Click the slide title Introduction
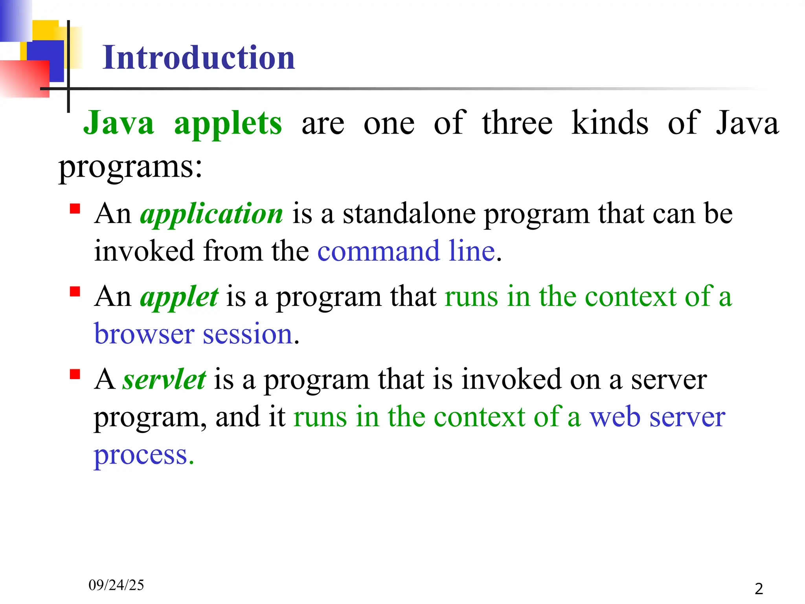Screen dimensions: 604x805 point(198,58)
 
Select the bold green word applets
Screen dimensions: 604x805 point(228,123)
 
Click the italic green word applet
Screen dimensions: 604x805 point(179,297)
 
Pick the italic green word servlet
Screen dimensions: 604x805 point(164,380)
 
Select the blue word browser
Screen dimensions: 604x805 point(144,334)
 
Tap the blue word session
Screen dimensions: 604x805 point(248,334)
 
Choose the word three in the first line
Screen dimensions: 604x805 point(517,123)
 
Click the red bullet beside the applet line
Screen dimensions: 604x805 point(75,291)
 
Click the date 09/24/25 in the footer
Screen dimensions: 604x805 point(116,585)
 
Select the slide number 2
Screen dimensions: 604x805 point(759,589)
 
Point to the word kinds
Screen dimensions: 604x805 point(610,123)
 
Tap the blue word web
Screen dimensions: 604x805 point(615,417)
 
